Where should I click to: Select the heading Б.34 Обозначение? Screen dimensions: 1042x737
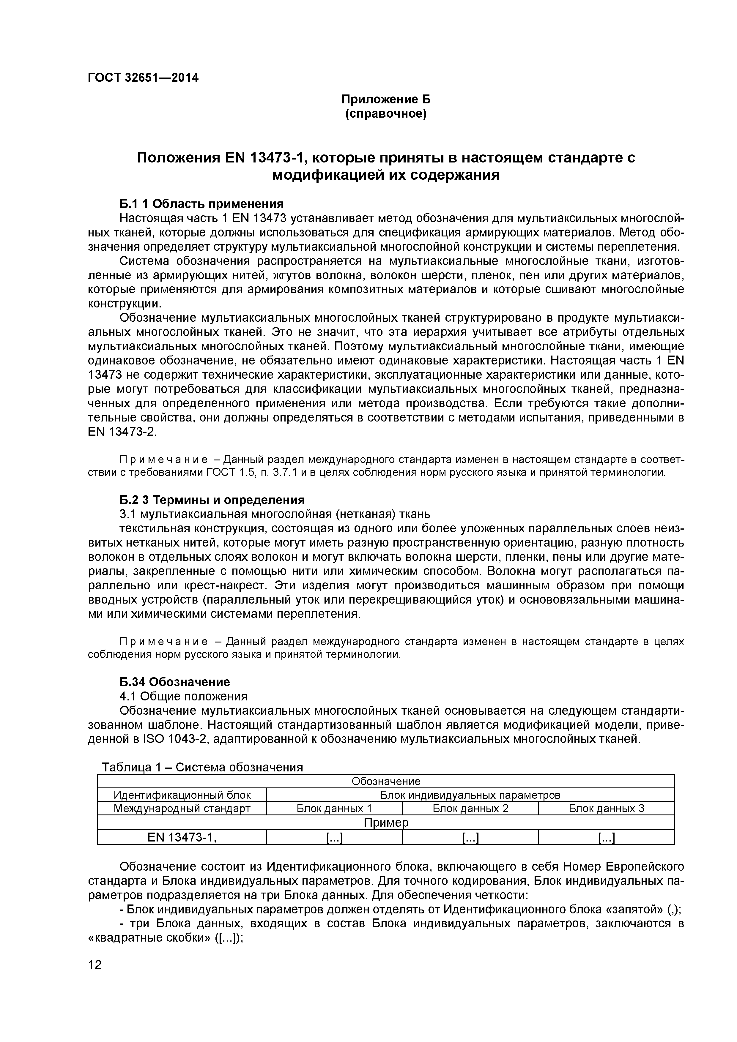click(x=174, y=682)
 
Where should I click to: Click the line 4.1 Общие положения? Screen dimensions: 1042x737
click(x=183, y=696)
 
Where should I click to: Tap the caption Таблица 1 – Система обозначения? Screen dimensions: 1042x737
click(x=202, y=767)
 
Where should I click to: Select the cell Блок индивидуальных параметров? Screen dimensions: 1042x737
click(x=470, y=795)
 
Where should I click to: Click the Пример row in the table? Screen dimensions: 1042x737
click(x=386, y=822)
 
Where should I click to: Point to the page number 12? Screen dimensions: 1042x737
click(x=95, y=977)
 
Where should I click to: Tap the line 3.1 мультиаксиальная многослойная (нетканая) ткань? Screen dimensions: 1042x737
click(x=275, y=514)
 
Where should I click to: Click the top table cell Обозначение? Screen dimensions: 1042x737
click(x=386, y=781)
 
